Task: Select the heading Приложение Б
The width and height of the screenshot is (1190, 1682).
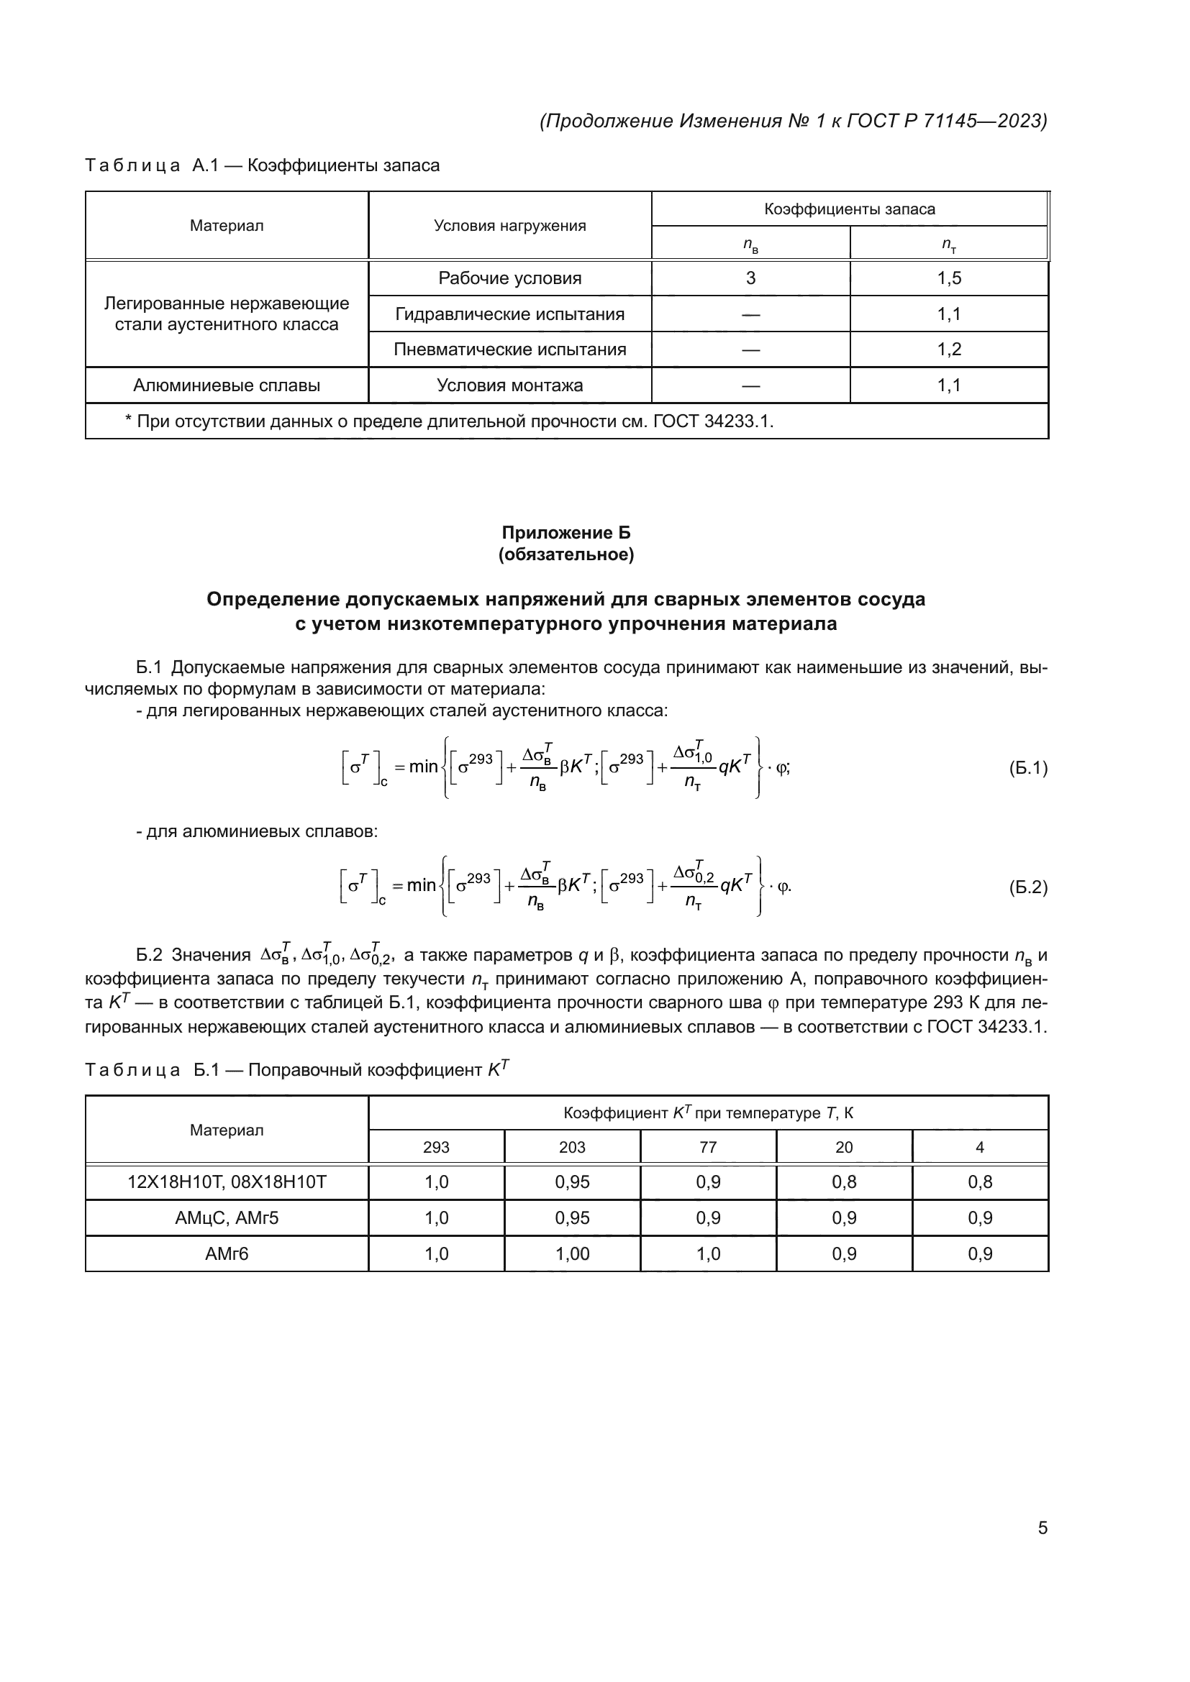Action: click(x=566, y=533)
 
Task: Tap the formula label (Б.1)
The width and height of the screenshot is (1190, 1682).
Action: click(x=1028, y=768)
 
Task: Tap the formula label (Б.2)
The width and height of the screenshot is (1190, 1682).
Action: click(x=1028, y=887)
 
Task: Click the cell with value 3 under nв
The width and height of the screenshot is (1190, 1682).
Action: click(x=750, y=278)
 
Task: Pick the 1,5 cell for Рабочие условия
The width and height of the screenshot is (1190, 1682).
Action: click(x=949, y=278)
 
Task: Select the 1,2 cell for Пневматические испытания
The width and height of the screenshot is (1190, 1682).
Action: click(x=949, y=349)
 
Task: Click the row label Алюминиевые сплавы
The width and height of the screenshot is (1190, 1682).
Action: click(x=227, y=385)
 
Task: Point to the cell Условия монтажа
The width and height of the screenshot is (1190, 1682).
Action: click(x=509, y=385)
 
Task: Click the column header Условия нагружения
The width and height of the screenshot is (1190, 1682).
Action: click(x=509, y=226)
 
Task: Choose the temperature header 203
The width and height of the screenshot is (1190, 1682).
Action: click(x=571, y=1147)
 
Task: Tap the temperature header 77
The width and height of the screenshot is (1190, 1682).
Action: click(x=708, y=1147)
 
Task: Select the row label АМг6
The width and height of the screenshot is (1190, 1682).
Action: click(x=227, y=1254)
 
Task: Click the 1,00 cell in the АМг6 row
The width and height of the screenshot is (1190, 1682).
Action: click(x=571, y=1254)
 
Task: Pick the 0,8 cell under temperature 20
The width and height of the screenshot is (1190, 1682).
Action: click(x=843, y=1182)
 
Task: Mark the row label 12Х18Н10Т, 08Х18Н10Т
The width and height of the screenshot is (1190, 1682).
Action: click(x=227, y=1182)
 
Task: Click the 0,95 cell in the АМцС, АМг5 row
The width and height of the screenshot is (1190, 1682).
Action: click(x=571, y=1218)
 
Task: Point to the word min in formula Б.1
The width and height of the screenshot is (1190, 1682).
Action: click(x=423, y=767)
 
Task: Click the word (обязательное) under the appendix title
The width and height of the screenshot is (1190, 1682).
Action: click(x=566, y=554)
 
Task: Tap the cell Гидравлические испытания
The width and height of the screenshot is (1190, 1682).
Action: click(x=509, y=314)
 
